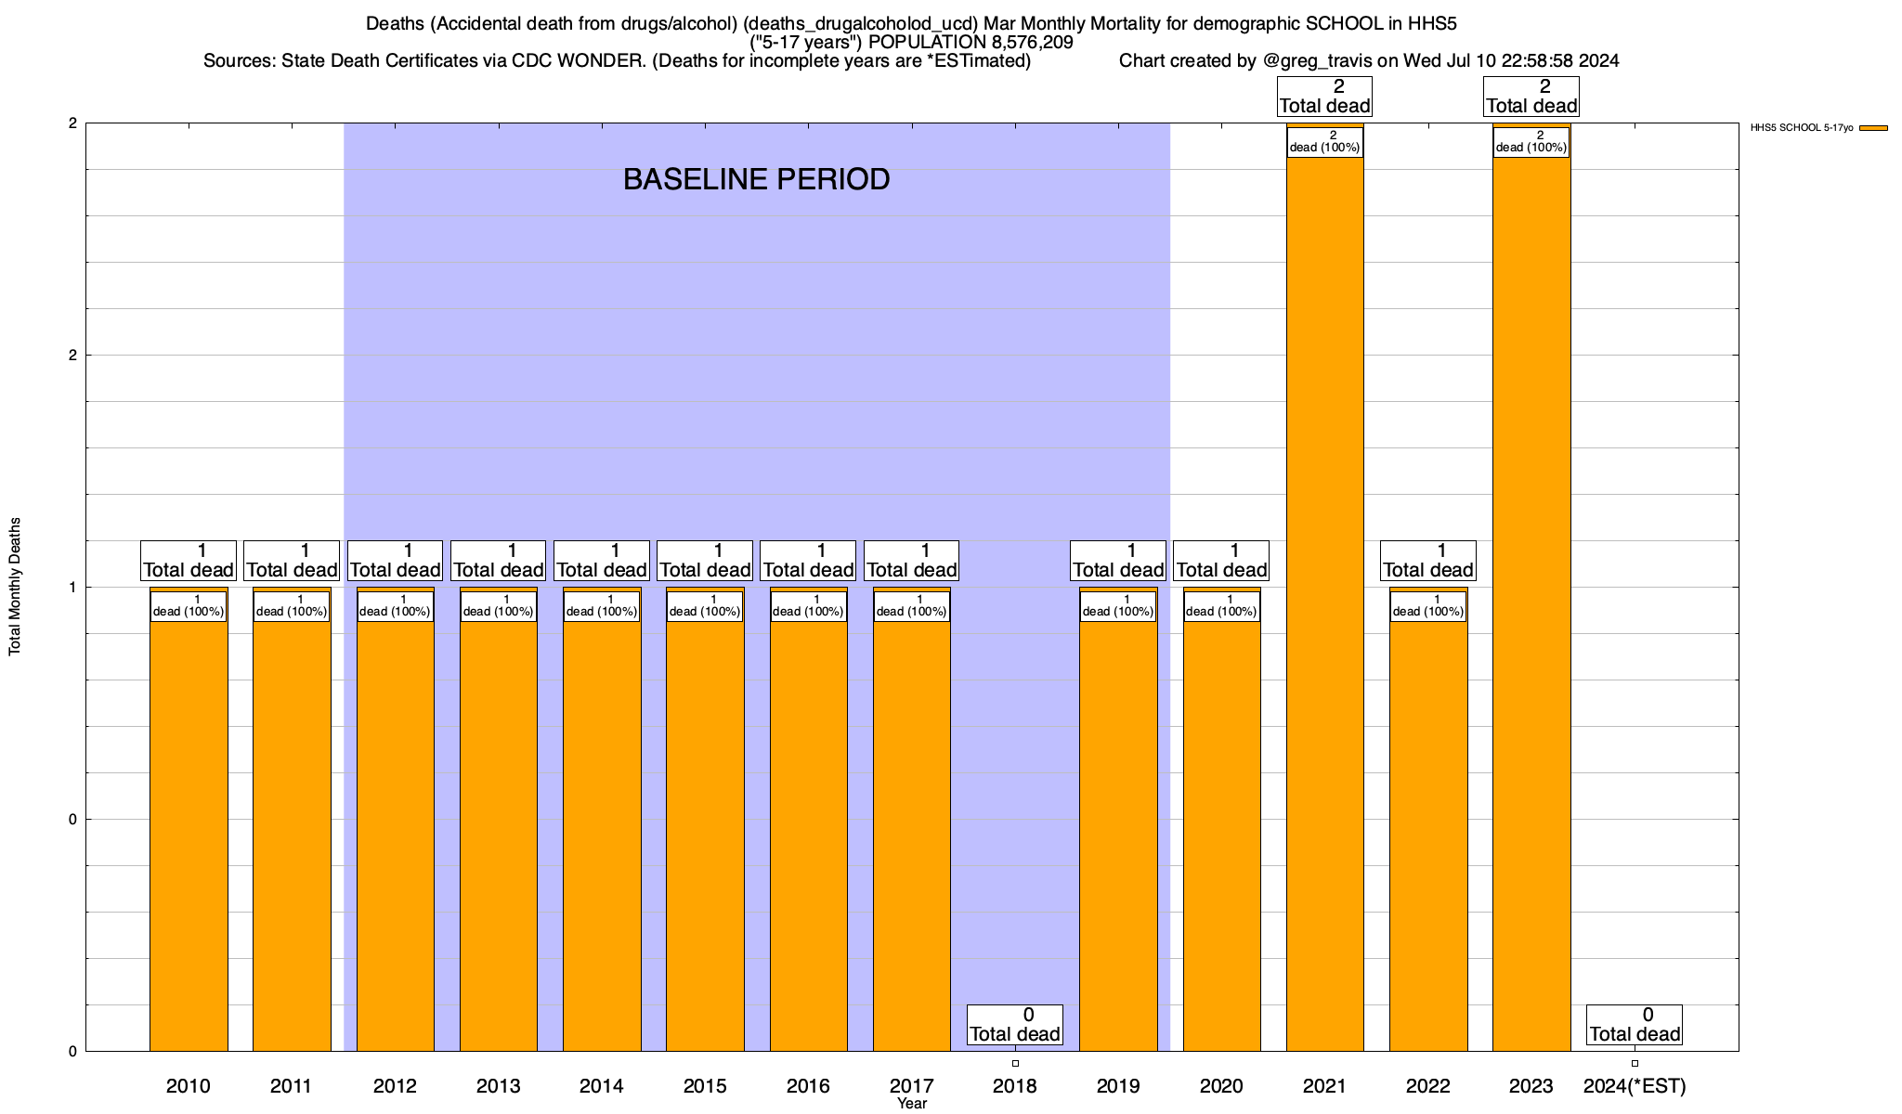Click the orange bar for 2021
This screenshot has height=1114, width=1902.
1324,603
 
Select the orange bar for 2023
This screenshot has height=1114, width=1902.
1531,603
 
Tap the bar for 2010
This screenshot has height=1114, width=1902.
189,835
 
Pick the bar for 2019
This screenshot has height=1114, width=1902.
1118,835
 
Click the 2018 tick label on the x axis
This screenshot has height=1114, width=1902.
1015,1085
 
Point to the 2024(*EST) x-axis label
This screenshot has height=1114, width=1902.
1635,1085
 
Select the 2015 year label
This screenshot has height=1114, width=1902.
705,1085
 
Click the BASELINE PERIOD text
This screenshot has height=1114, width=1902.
756,179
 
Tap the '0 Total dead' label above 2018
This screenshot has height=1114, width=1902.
1014,1024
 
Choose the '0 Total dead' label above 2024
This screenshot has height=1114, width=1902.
1635,1024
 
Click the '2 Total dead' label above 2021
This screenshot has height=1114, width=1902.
1324,97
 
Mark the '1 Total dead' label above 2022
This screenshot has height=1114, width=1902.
1428,560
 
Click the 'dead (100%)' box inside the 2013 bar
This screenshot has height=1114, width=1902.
499,606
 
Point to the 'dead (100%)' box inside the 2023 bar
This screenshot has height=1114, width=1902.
1531,142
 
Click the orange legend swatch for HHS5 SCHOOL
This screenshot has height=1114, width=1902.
1873,128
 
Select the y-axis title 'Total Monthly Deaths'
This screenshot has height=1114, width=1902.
15,587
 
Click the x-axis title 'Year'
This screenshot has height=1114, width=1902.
912,1104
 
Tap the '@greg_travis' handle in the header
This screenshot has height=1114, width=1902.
1318,61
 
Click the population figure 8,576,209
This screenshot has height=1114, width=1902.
1021,43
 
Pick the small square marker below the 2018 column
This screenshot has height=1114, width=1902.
1015,1063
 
